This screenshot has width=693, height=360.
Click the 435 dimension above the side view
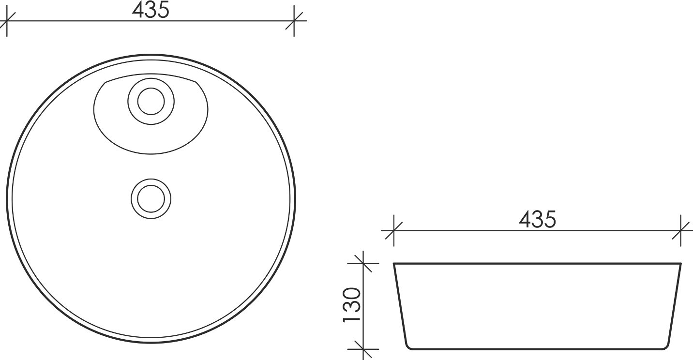(537, 220)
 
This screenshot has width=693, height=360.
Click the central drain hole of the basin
(151, 198)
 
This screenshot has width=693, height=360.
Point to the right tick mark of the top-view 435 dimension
(295, 21)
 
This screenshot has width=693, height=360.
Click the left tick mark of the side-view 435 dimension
(393, 231)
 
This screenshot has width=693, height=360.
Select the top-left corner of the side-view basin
(394, 264)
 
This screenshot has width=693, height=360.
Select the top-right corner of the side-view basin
(681, 264)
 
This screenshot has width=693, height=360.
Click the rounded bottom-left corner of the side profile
(407, 346)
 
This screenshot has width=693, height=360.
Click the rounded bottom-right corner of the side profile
(667, 346)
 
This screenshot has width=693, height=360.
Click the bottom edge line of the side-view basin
(537, 348)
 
